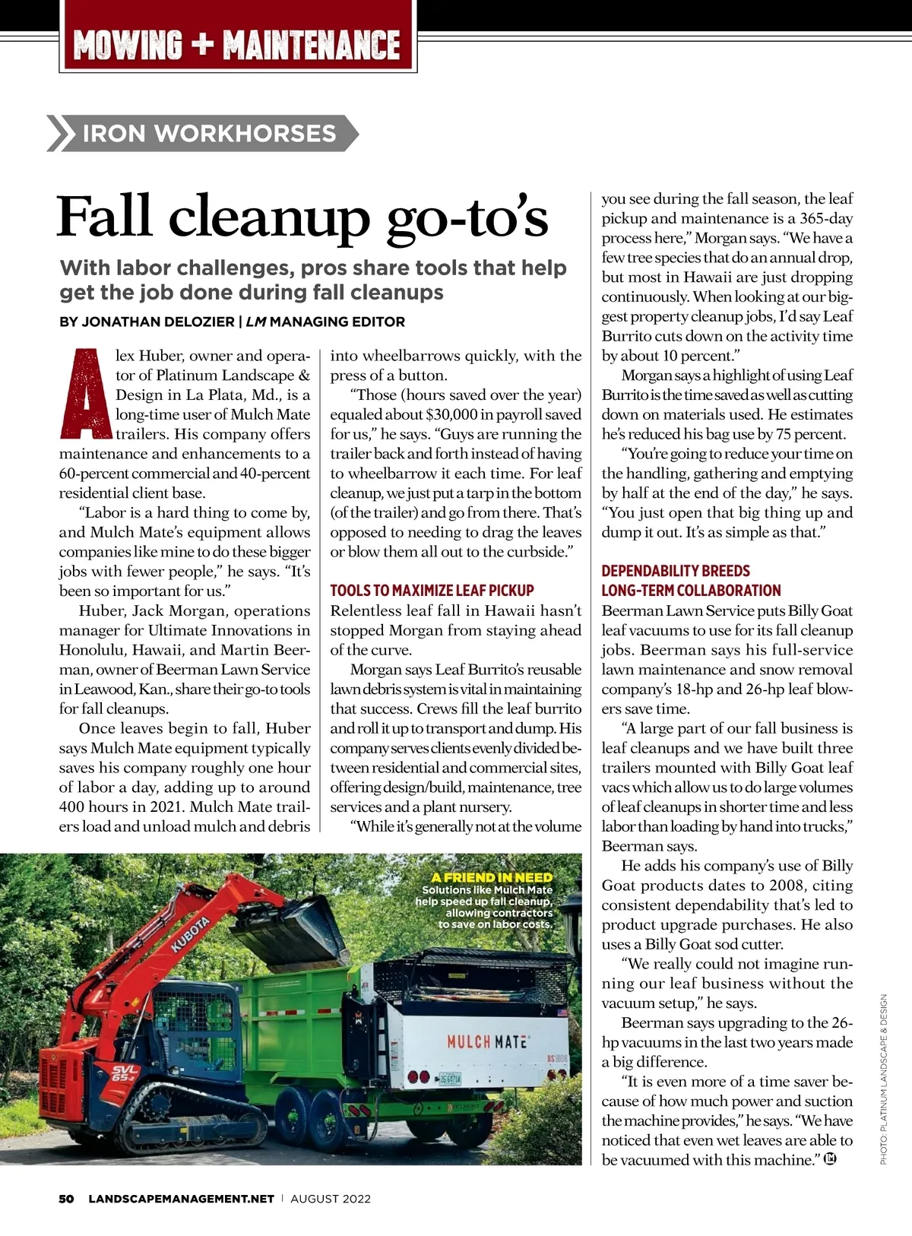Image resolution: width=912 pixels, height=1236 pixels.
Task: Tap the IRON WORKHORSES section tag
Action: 208,134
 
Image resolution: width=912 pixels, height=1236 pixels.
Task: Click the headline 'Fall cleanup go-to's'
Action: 302,217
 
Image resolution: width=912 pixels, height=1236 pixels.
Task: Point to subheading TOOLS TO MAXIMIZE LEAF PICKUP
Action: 432,591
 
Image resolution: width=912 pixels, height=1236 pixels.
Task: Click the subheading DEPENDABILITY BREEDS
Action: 676,571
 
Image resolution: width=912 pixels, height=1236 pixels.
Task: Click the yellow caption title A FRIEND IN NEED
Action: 492,877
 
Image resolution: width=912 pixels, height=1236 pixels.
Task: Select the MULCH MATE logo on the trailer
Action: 487,1041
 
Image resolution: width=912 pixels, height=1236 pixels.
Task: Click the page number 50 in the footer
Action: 67,1199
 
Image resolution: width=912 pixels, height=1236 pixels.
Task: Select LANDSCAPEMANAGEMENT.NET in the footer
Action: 181,1199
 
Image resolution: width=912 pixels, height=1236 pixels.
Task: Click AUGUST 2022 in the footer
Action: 331,1199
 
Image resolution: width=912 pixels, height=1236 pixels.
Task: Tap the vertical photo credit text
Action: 884,1079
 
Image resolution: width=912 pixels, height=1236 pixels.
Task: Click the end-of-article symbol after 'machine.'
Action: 830,1159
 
